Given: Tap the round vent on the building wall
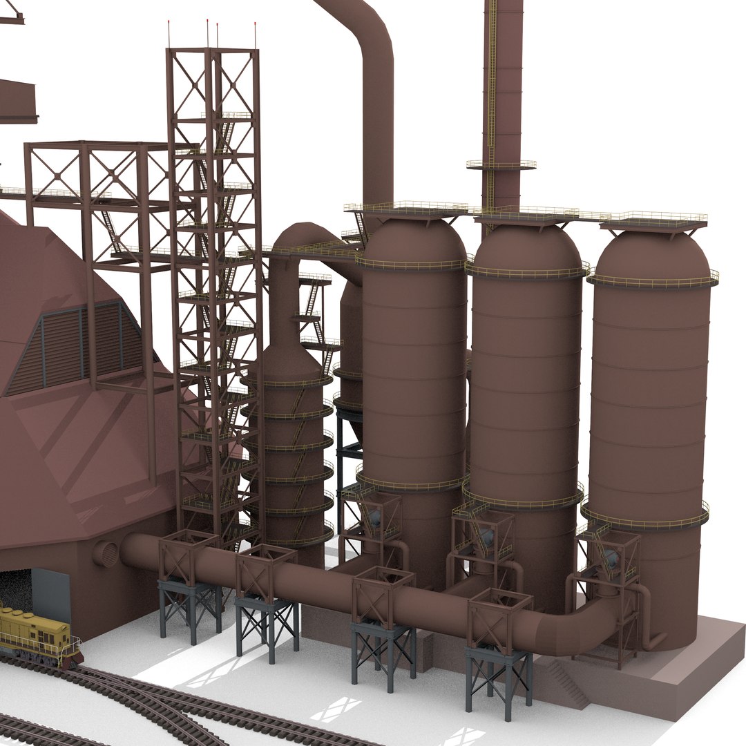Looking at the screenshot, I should pyautogui.click(x=106, y=554).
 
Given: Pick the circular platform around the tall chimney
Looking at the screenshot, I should pyautogui.click(x=501, y=165).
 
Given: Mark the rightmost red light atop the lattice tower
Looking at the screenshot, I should pyautogui.click(x=256, y=28).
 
